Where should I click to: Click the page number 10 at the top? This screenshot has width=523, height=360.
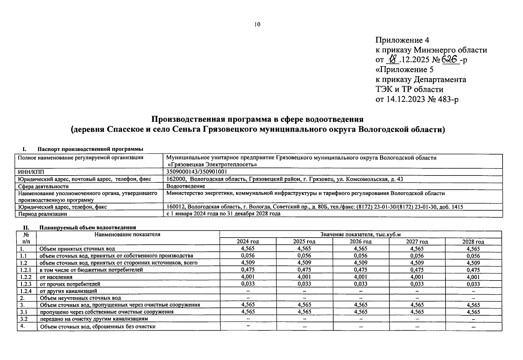(x=257, y=25)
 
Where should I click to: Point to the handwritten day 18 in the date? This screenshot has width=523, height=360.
(x=393, y=60)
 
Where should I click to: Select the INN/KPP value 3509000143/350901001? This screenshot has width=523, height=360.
(x=197, y=172)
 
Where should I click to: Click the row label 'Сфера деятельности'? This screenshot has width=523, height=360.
(x=43, y=186)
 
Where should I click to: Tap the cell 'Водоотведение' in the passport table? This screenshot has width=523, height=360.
(x=186, y=186)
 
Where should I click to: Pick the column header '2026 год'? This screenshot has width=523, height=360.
(x=361, y=241)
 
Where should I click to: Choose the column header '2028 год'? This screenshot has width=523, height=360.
(x=473, y=241)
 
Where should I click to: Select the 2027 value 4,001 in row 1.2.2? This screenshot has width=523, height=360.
(x=417, y=277)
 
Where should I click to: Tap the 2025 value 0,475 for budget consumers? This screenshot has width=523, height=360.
(x=304, y=270)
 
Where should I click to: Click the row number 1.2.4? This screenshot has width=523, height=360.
(x=26, y=291)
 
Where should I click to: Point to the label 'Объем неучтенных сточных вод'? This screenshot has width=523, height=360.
(x=80, y=298)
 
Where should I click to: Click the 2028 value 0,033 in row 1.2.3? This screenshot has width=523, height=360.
(x=473, y=284)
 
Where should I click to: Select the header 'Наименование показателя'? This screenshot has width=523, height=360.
(x=127, y=234)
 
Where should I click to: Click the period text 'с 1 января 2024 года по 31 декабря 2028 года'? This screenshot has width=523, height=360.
(x=223, y=214)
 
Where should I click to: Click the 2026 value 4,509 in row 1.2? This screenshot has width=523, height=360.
(x=361, y=263)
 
